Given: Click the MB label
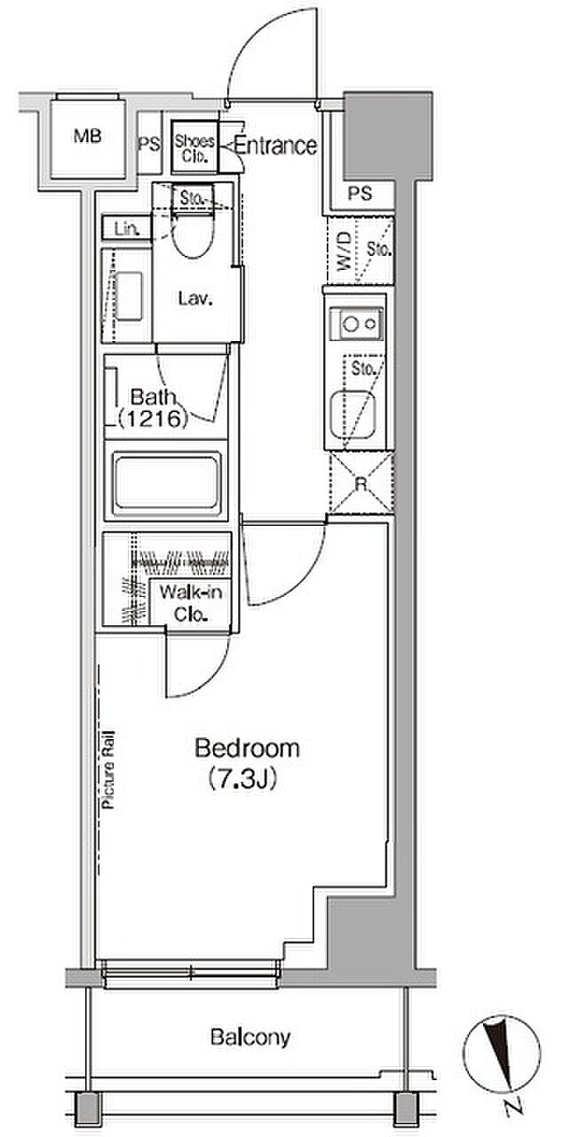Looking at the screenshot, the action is (x=87, y=136).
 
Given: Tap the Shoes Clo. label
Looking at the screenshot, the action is (x=194, y=148).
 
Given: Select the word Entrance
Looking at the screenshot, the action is (x=275, y=146).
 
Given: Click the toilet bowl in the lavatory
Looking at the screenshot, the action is (x=193, y=236).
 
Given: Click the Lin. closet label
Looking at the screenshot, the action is (x=126, y=229).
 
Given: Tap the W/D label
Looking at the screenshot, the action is (x=344, y=250).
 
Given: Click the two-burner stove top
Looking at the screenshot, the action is (x=356, y=323).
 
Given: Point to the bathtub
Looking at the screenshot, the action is (x=166, y=481).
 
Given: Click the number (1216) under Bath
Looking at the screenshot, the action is (x=153, y=418).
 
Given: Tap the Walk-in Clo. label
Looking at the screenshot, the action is (x=190, y=603).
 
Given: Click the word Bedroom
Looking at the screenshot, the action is (x=247, y=749).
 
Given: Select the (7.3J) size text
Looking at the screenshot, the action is (x=242, y=780).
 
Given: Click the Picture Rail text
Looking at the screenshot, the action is (x=108, y=769).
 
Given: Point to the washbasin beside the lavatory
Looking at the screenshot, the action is (x=129, y=297).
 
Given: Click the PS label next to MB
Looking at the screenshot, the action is (x=149, y=145).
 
